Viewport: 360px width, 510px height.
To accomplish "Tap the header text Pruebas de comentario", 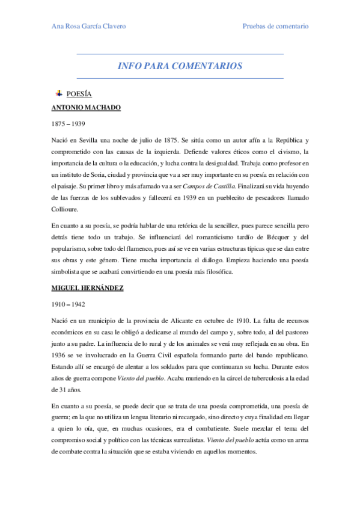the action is (275, 26).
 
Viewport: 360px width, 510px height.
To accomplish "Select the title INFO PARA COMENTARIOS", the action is (180, 66).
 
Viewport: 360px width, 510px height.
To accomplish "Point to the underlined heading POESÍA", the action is (79, 94).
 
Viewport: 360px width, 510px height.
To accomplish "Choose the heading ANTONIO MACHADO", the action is (86, 108).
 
